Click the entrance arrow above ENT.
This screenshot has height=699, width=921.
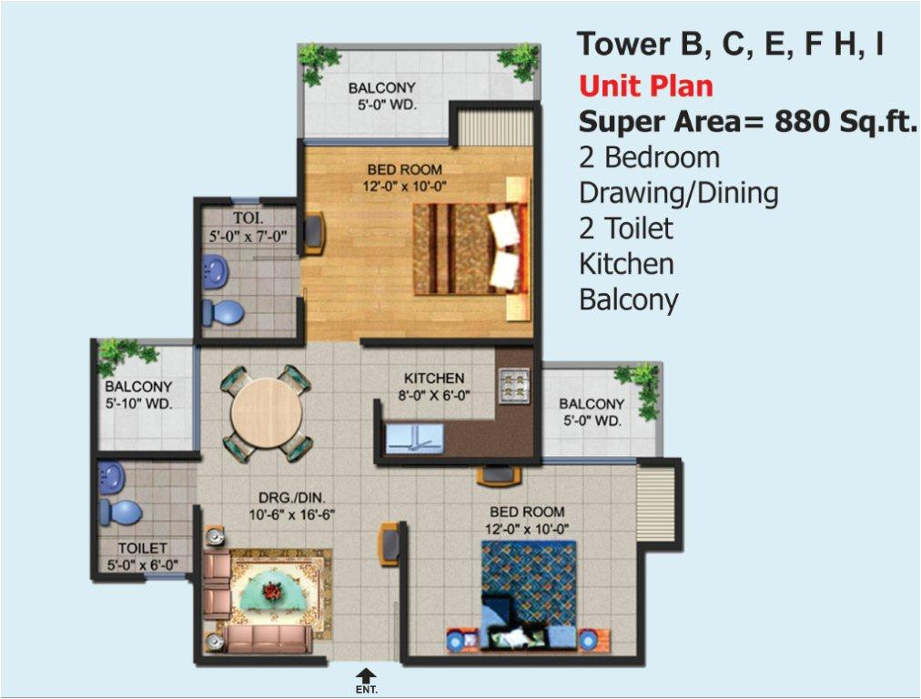(365, 674)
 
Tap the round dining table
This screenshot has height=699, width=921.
(267, 412)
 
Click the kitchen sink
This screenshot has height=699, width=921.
(413, 438)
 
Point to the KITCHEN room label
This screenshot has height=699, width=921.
(434, 378)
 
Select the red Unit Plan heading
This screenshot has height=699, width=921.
(646, 86)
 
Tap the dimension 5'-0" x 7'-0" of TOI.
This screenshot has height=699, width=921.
(248, 236)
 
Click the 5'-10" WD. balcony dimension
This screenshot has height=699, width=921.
(139, 402)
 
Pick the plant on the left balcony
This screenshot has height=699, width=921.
(116, 354)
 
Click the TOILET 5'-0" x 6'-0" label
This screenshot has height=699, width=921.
(142, 556)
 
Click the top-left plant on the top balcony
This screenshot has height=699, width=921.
(319, 62)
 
